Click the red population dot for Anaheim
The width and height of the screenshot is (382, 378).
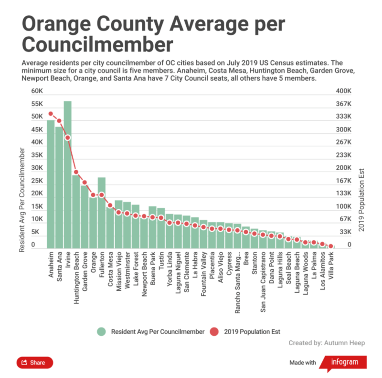click(51, 114)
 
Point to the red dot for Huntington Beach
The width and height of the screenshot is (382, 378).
click(76, 172)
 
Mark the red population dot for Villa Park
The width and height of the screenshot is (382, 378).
click(330, 246)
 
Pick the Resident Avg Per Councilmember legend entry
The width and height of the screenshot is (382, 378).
click(151, 331)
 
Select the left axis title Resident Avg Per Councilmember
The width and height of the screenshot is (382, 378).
click(22, 200)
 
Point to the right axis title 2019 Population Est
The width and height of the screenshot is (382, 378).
click(361, 200)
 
